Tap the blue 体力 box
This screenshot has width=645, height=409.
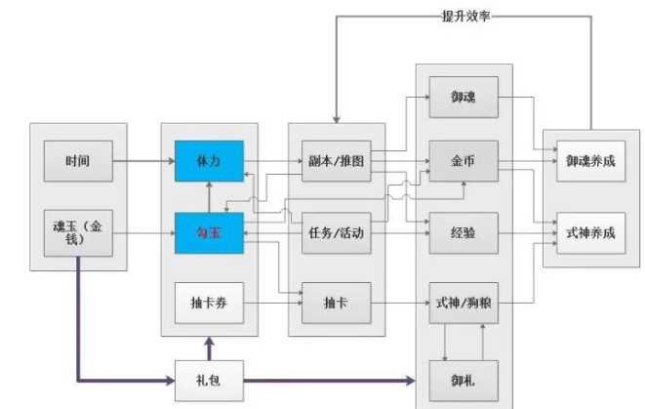[208, 159]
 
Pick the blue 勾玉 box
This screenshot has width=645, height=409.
[208, 233]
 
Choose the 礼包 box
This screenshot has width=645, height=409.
[208, 376]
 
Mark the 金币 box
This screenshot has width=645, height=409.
[464, 159]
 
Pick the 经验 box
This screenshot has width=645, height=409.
[464, 233]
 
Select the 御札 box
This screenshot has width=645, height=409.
[464, 376]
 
